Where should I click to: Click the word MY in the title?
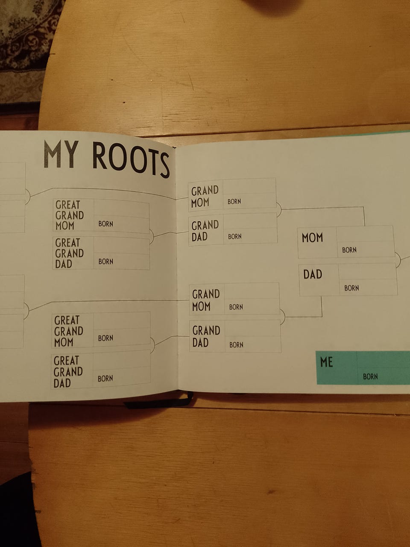(61, 154)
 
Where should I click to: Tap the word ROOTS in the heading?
(131, 158)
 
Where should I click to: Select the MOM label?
(312, 238)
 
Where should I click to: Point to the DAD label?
(313, 274)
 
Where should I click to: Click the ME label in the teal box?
(326, 362)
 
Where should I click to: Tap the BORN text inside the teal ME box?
(370, 376)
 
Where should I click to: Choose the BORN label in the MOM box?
(349, 250)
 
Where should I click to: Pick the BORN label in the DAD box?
(351, 288)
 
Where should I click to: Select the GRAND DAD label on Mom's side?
(205, 231)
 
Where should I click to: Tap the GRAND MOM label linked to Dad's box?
(205, 300)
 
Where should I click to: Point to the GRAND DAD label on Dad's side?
(206, 336)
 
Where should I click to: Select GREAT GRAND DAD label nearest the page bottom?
(68, 372)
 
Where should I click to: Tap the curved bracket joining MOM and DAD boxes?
(398, 259)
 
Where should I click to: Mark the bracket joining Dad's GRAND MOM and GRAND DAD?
(282, 317)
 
